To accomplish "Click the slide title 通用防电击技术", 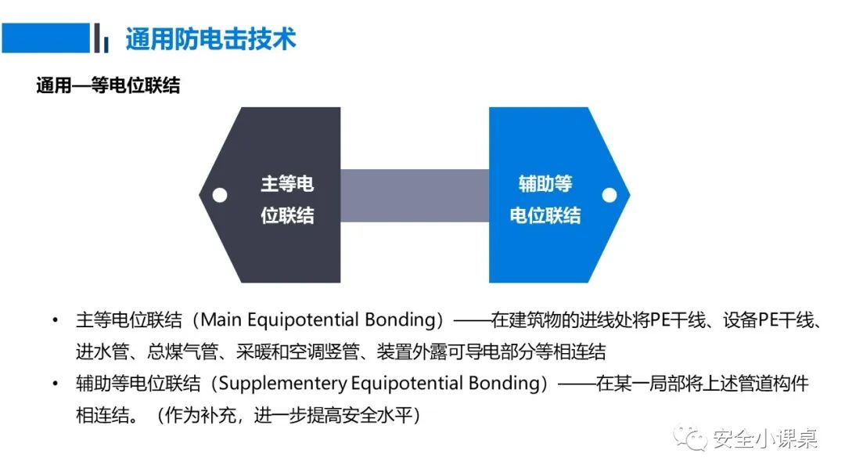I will click(x=210, y=39).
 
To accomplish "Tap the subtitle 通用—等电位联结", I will click(x=108, y=85).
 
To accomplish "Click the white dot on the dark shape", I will click(x=221, y=195).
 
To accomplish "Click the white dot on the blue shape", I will click(x=609, y=195).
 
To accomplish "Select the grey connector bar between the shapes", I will click(x=415, y=195).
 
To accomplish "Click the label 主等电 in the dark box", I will click(x=287, y=184).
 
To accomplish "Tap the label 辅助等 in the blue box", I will click(x=545, y=184).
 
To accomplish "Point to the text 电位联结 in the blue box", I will click(x=545, y=215).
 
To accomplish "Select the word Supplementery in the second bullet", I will click(x=282, y=384).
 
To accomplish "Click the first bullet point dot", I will click(x=55, y=321).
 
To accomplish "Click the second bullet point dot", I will click(x=55, y=384).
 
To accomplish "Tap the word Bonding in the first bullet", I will click(x=399, y=320).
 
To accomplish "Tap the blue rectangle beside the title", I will click(x=45, y=38).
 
